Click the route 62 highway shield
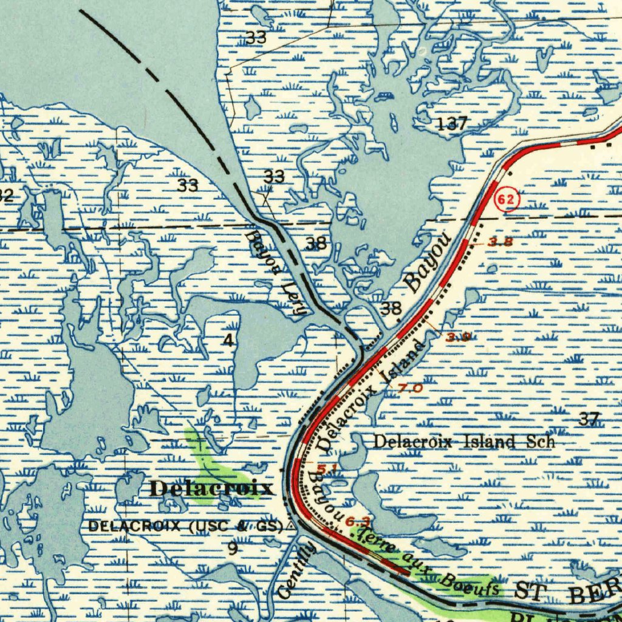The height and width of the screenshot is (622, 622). (507, 200)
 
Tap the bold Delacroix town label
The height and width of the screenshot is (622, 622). (211, 488)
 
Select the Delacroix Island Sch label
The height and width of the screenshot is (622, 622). (463, 442)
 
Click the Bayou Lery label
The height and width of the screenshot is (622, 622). (275, 272)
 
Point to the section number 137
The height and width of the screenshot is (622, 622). (453, 124)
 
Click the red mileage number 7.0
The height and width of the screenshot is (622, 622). (411, 388)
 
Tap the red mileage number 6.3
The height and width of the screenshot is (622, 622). (358, 521)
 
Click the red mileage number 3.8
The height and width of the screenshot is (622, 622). (501, 242)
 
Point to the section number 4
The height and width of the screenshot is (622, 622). (228, 340)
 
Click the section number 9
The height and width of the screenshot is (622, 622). (232, 548)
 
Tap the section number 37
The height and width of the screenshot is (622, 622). (589, 419)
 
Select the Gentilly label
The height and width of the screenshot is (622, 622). (297, 570)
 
